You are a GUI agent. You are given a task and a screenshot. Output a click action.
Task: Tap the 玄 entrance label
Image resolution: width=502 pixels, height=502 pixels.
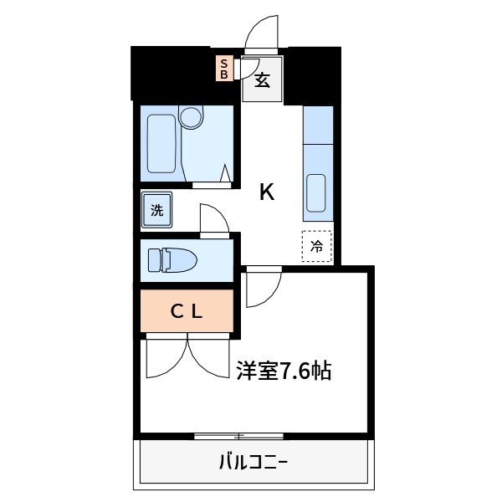click(262, 81)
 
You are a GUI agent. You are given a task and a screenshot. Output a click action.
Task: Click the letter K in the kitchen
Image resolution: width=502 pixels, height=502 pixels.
click(267, 192)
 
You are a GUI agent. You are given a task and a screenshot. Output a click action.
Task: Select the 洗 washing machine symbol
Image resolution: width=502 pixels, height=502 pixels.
click(157, 210)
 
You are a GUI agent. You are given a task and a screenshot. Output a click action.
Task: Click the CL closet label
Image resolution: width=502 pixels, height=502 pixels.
click(187, 312)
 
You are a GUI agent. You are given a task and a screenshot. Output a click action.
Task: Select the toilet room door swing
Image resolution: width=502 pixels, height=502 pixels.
click(214, 219)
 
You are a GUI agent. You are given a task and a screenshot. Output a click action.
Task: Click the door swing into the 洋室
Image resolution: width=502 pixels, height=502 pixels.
click(261, 286)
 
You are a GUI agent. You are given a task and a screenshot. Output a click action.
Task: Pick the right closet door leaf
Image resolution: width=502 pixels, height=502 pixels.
click(209, 356)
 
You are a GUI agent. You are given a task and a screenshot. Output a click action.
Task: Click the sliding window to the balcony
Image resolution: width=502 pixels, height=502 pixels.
click(240, 436)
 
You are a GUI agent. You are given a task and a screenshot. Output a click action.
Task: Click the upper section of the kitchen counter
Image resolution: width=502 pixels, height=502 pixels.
click(317, 125)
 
